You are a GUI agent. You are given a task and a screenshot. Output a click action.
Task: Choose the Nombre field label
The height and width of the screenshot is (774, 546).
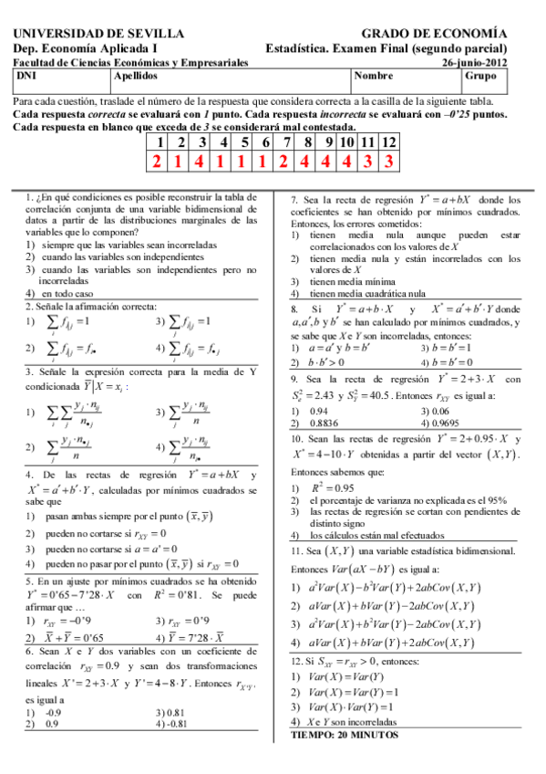(x=374, y=77)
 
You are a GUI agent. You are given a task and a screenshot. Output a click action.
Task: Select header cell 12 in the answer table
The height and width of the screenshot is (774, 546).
(x=388, y=142)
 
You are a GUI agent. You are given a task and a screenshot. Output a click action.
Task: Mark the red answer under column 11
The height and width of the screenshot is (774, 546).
(x=367, y=162)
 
